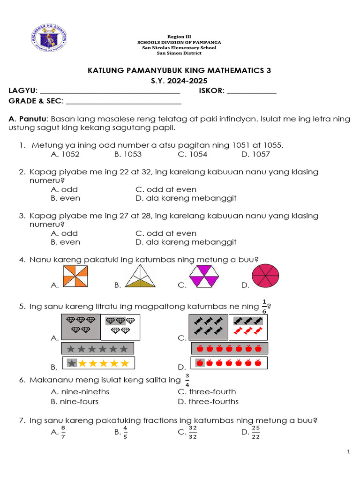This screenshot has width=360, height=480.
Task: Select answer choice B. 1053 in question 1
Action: click(x=127, y=154)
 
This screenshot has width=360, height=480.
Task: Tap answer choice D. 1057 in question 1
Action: click(x=255, y=154)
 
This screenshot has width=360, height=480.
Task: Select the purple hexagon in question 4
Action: click(x=204, y=276)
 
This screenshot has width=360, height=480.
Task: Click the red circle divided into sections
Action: click(x=266, y=276)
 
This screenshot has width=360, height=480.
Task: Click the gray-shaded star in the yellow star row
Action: click(x=72, y=363)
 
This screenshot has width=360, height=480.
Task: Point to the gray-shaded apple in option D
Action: click(x=200, y=363)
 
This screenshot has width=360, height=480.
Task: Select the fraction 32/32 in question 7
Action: click(x=193, y=432)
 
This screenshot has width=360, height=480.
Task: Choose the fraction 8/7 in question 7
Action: click(x=63, y=432)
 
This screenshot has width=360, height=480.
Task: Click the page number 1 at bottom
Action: click(x=348, y=451)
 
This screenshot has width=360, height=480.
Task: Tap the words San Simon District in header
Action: click(x=180, y=53)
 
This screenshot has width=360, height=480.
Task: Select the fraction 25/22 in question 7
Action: click(x=255, y=432)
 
